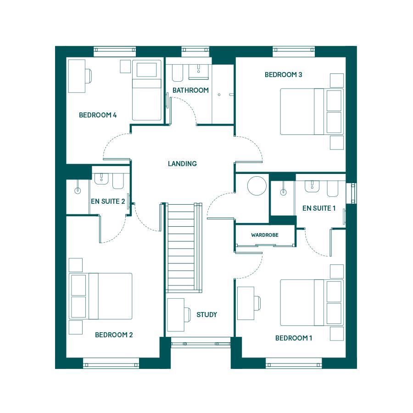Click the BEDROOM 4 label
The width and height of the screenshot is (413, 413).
click(98, 115)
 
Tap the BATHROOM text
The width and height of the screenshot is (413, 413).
click(190, 90)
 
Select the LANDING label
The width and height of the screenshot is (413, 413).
click(182, 163)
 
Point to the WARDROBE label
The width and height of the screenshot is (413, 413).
click(265, 235)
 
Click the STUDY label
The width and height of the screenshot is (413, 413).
click(207, 314)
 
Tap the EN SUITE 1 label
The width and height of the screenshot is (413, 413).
click(319, 208)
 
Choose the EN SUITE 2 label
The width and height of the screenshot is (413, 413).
click(108, 201)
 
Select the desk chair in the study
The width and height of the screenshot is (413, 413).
click(187, 315)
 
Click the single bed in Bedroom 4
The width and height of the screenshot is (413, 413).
click(147, 90)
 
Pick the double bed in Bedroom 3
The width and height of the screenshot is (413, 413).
click(312, 112)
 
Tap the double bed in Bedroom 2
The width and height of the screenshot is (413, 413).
click(100, 296)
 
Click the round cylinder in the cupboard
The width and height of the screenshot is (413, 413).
click(257, 186)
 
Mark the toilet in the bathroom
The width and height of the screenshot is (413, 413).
click(178, 73)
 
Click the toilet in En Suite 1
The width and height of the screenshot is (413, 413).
click(332, 189)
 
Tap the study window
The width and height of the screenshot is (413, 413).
click(201, 344)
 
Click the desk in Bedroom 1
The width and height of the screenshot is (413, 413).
click(246, 303)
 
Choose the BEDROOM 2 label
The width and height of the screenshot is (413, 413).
click(114, 335)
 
